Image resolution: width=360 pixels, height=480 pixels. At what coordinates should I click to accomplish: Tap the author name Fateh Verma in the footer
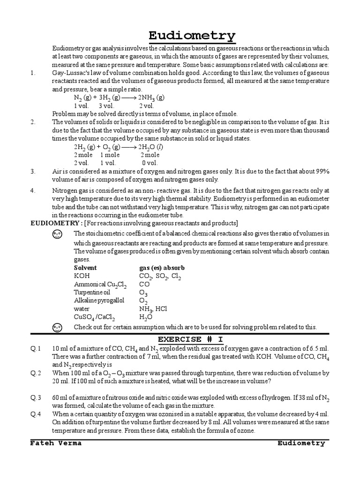(x=56, y=443)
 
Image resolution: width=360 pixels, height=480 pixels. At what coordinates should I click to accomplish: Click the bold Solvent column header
(x=85, y=268)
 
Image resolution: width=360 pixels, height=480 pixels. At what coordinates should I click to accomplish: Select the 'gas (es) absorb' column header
(x=162, y=268)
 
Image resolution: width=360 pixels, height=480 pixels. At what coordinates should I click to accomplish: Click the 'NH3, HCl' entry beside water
(x=153, y=309)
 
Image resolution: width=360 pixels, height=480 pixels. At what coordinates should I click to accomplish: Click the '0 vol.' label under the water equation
(x=150, y=163)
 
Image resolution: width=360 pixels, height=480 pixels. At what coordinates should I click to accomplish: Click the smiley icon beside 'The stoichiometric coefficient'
(x=58, y=234)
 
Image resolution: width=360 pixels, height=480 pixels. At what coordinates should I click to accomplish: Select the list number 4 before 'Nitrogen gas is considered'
(x=32, y=191)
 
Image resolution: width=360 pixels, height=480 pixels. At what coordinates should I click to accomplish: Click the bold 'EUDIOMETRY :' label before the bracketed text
(x=56, y=223)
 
